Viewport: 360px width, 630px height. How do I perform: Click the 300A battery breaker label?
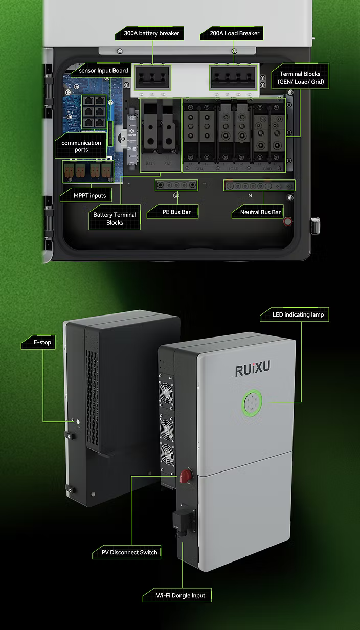pos(152,33)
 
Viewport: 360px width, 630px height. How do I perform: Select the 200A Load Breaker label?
pos(234,33)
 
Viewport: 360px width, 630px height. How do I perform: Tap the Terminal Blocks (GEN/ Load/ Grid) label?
pos(300,78)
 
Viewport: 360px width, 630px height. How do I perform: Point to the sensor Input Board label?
pos(103,70)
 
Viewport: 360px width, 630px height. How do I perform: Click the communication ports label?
pos(81,146)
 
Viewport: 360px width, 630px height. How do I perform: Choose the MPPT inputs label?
pos(89,195)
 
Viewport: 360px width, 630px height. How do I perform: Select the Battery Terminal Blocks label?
pos(115,219)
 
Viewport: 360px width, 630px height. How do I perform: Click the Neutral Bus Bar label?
pos(261,212)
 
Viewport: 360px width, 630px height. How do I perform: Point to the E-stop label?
pos(42,342)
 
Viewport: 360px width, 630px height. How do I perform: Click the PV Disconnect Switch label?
pos(126,552)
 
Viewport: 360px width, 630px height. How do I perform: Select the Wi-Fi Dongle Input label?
pos(181,595)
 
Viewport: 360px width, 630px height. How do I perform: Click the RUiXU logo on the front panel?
pos(252,370)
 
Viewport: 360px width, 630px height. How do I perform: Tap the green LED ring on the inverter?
pos(252,402)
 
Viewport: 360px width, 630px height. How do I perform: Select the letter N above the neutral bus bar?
pos(250,195)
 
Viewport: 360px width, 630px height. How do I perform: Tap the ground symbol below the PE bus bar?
pos(176,195)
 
